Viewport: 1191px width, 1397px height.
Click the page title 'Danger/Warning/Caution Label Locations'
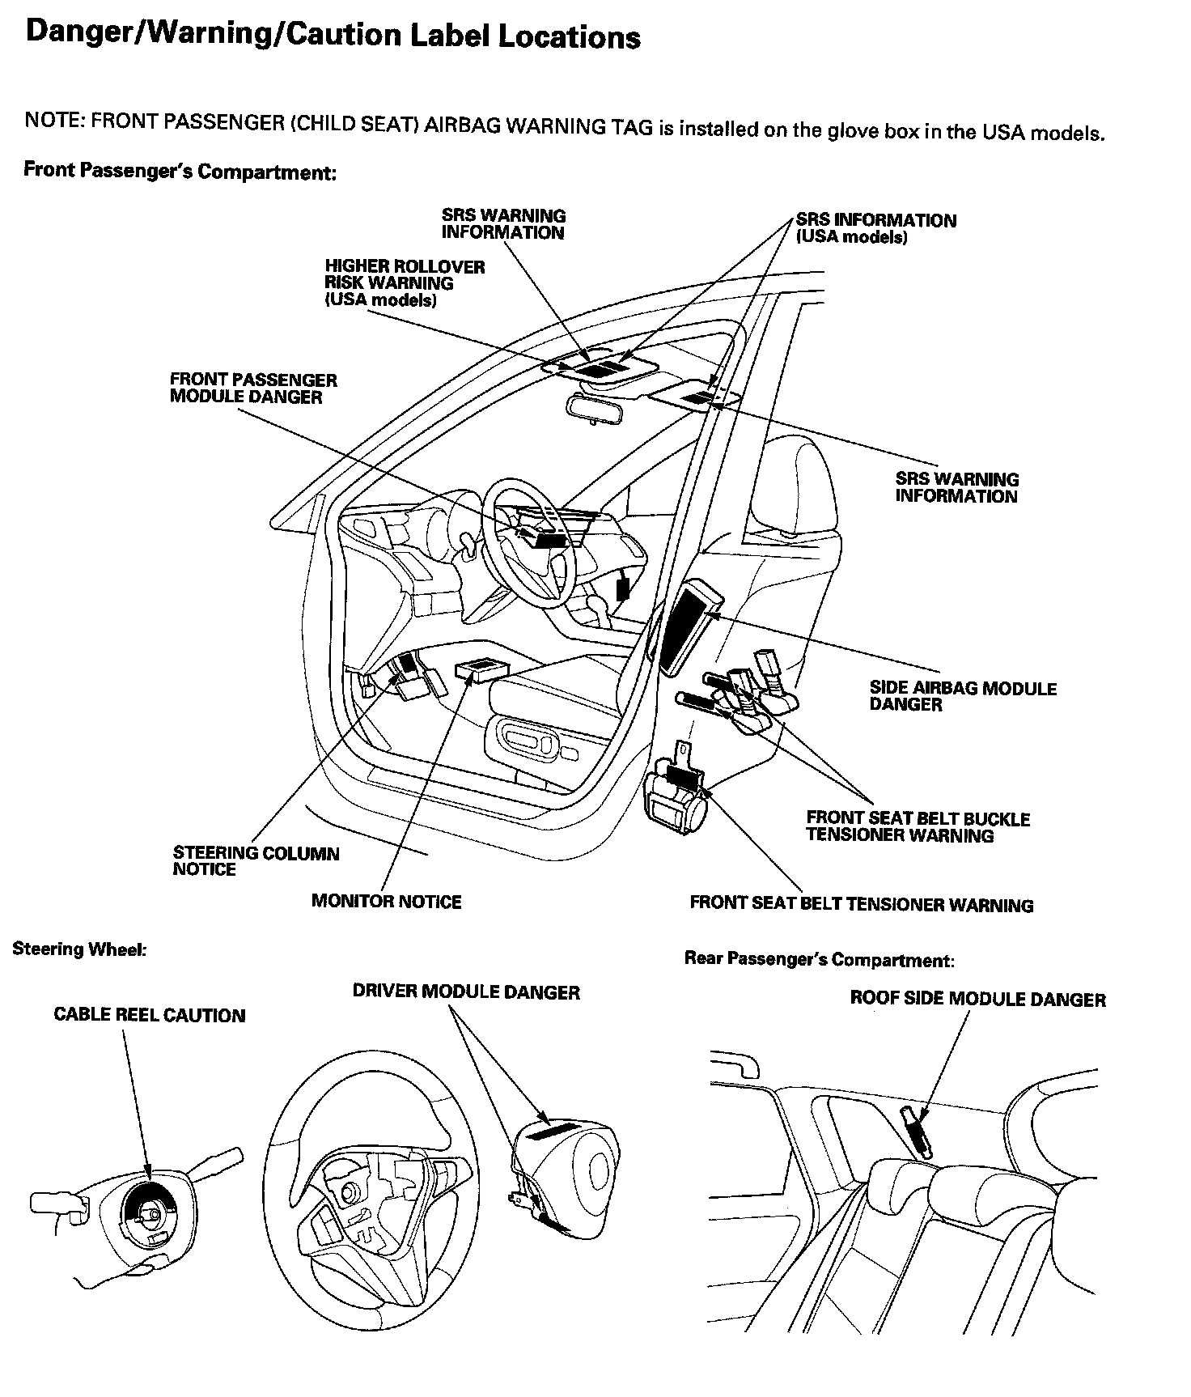point(333,37)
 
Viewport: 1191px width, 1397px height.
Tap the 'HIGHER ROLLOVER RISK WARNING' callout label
point(404,283)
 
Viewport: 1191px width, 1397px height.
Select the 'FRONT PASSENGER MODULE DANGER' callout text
point(253,389)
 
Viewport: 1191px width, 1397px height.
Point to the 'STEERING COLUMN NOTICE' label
point(256,861)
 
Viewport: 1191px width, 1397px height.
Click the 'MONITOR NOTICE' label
point(386,902)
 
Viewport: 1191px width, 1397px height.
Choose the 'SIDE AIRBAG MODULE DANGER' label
point(963,696)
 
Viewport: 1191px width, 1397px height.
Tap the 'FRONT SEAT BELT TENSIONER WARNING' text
point(861,904)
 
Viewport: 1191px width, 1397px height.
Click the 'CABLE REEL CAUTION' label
point(149,1015)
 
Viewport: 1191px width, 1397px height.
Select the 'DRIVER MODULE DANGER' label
point(466,991)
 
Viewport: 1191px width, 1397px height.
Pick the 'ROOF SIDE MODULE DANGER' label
point(977,999)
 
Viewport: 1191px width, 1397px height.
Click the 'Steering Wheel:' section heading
point(79,949)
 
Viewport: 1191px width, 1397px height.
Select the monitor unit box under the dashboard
point(484,670)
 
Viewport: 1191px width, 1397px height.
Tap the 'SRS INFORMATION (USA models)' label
point(875,227)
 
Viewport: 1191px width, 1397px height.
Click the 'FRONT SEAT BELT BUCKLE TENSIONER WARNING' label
point(918,826)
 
